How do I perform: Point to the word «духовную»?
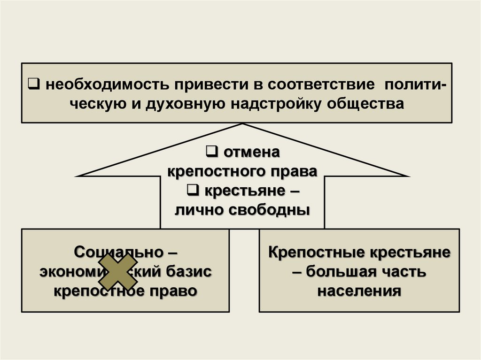point(185,104)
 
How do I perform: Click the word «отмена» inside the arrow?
point(249,153)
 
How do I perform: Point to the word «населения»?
point(359,291)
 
